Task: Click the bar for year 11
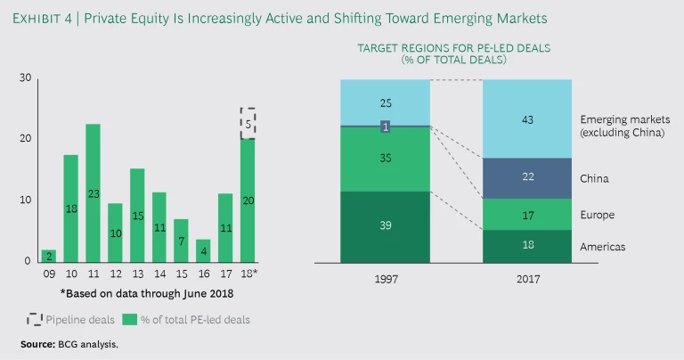[x=93, y=192]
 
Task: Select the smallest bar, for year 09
[x=48, y=255]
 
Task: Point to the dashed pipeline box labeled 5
[x=248, y=123]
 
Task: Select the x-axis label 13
[x=136, y=275]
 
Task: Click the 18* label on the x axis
[x=249, y=275]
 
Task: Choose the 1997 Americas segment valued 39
[x=385, y=227]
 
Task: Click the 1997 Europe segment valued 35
[x=385, y=160]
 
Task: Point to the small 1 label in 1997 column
[x=385, y=127]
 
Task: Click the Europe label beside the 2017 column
[x=597, y=215]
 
